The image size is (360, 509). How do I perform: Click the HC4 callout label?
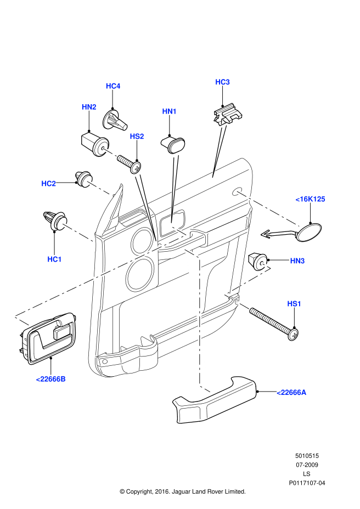pyautogui.click(x=113, y=86)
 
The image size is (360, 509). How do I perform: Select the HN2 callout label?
pyautogui.click(x=89, y=107)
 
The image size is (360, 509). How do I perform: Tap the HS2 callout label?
pyautogui.click(x=137, y=136)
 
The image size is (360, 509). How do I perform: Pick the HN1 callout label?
pyautogui.click(x=169, y=111)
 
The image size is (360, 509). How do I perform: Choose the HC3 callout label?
pyautogui.click(x=222, y=82)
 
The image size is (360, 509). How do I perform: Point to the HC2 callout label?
pyautogui.click(x=49, y=183)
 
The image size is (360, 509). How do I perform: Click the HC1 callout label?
pyautogui.click(x=54, y=258)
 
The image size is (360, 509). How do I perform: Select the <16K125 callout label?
pyautogui.click(x=310, y=199)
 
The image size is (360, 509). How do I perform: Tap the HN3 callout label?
pyautogui.click(x=297, y=261)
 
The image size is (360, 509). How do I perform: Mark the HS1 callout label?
pyautogui.click(x=295, y=303)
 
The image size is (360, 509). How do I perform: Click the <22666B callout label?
pyautogui.click(x=50, y=379)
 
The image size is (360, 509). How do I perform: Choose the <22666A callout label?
pyautogui.click(x=291, y=392)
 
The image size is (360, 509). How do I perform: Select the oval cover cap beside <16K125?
pyautogui.click(x=310, y=231)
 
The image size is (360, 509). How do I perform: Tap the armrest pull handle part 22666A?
pyautogui.click(x=214, y=401)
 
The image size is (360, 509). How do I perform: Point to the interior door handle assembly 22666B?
pyautogui.click(x=48, y=338)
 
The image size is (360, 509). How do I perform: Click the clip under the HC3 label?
pyautogui.click(x=227, y=115)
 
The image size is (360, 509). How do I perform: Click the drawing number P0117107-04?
pyautogui.click(x=307, y=483)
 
